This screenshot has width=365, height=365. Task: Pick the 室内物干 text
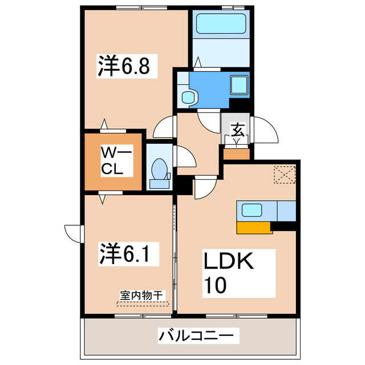pos(142,295)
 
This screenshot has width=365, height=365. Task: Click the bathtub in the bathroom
pos(221,25)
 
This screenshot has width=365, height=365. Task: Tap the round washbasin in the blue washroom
pos(188,97)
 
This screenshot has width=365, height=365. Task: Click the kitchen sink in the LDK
pos(252,210)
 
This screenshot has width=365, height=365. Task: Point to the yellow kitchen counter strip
pos(253,228)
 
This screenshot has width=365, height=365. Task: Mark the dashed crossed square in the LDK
pos(283,175)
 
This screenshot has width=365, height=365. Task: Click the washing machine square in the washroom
pos(238,85)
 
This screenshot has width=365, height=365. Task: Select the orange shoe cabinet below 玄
pos(237,153)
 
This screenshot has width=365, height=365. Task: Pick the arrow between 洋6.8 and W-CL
pos(104,124)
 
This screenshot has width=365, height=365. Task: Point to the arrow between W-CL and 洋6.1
pos(103,198)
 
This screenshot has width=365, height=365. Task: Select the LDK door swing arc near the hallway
pos(203,189)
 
